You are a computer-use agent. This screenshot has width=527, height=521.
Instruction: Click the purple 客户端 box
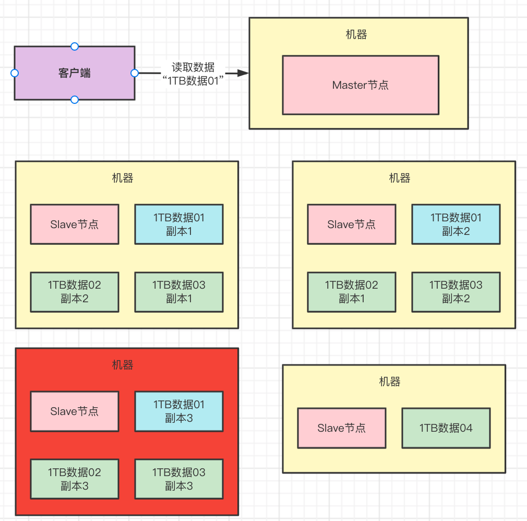tap(74, 73)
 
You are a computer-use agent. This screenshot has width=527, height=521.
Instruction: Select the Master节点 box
tap(360, 85)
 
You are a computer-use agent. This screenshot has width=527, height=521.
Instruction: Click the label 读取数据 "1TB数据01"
tap(193, 74)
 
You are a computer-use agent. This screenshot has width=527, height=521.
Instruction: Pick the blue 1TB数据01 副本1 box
tap(179, 224)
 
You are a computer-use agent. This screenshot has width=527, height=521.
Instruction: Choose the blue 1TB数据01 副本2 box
tap(456, 224)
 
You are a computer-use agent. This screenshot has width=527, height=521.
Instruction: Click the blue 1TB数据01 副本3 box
tap(179, 411)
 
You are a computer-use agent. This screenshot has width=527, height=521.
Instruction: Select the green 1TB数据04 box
tap(446, 428)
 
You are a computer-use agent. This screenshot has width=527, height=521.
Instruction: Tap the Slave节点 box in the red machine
tap(74, 411)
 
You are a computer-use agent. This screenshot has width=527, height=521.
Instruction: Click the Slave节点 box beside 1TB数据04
tap(341, 428)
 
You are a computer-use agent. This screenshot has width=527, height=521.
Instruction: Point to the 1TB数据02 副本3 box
tap(74, 479)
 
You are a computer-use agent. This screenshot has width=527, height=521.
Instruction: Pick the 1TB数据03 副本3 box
tap(179, 479)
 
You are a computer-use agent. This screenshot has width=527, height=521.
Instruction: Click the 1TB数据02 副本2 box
tap(74, 292)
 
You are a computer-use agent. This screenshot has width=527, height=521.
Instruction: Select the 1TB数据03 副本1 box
tap(179, 292)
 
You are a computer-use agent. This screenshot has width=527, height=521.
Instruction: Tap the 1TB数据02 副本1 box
tap(351, 292)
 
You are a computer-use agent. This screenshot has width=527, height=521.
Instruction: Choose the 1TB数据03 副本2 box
tap(456, 292)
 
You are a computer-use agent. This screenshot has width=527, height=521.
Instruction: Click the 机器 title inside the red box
tap(123, 365)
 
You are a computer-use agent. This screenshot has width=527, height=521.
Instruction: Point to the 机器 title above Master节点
tap(356, 35)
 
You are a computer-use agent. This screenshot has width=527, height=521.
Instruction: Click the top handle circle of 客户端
tap(75, 46)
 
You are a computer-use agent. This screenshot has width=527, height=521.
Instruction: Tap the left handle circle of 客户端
tap(15, 73)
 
